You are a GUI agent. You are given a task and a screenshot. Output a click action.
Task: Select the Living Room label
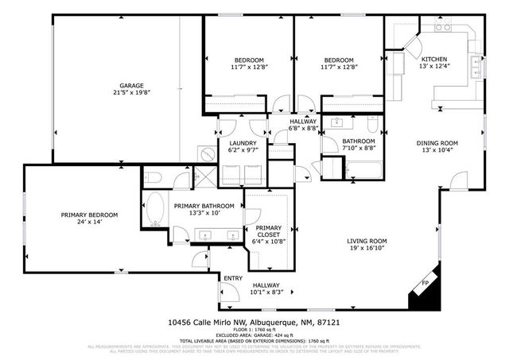(x=367, y=241)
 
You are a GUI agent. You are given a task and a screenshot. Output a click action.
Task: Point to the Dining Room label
(x=437, y=143)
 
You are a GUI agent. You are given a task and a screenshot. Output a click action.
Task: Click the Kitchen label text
(x=434, y=60)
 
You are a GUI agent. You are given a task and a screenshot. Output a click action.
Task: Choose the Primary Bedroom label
(x=90, y=215)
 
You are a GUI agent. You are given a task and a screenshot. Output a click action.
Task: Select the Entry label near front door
(x=233, y=278)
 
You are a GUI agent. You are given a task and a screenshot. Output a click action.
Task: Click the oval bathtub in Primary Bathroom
(x=155, y=210)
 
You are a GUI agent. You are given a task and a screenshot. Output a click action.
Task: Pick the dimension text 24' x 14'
(x=90, y=223)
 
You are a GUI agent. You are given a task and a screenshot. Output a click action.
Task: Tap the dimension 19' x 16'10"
(x=367, y=249)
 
